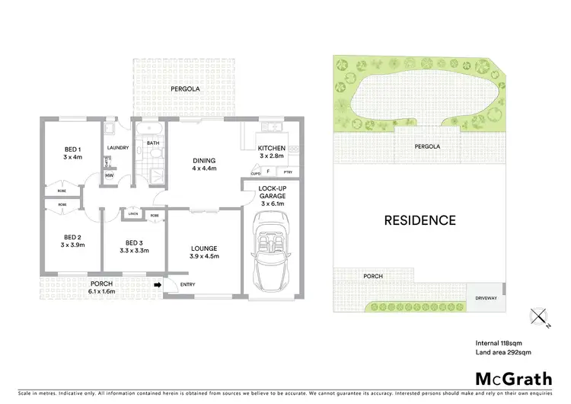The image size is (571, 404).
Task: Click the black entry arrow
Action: tap(157, 285)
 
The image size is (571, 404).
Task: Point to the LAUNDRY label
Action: tap(118, 148)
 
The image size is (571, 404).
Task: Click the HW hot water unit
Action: tap(110, 176)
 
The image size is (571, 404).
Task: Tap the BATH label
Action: tap(153, 143)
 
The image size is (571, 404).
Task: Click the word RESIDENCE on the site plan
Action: tap(419, 221)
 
